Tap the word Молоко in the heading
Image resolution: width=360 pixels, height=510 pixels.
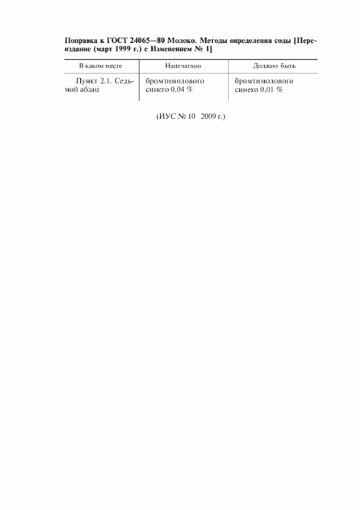182,41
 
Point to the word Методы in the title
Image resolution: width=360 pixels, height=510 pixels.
213,41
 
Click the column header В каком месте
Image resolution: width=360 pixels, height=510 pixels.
101,66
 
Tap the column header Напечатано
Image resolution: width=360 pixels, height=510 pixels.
183,66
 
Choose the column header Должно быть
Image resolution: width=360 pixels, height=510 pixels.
274,66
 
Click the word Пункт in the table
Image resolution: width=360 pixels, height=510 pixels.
87,81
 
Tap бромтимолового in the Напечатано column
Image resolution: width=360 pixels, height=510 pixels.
175,81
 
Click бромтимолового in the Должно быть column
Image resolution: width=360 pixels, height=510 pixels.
264,81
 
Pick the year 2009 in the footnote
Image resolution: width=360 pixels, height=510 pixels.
208,117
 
